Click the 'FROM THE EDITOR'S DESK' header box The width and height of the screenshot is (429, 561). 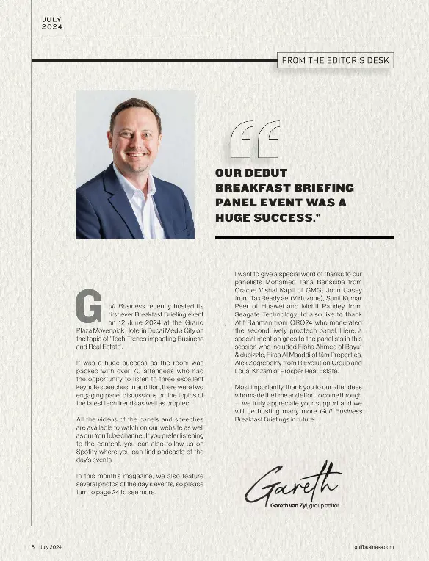[335, 60]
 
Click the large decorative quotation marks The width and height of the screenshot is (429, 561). [255, 140]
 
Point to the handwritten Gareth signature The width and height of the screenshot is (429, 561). [294, 482]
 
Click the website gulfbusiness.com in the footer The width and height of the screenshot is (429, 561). [373, 547]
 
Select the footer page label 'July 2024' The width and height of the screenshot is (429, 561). [56, 547]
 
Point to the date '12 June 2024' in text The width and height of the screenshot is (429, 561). [131, 322]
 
